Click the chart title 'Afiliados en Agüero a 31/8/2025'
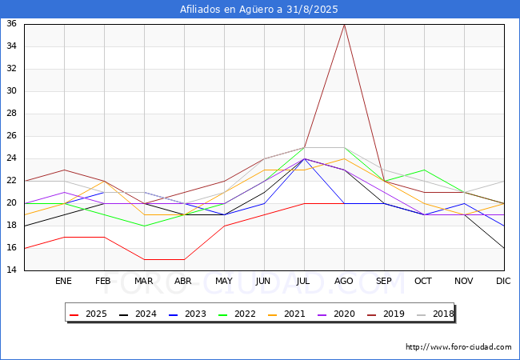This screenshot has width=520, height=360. (259, 10)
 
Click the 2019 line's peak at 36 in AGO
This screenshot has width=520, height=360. (344, 24)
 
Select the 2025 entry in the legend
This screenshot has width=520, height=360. (88, 314)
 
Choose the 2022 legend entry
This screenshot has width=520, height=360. (237, 314)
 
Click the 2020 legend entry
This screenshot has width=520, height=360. (337, 314)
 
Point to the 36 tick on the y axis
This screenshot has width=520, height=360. (12, 24)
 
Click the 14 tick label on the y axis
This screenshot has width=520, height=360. (12, 270)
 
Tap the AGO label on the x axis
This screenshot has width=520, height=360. (344, 282)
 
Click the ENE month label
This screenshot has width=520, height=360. (64, 282)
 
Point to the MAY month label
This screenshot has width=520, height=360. (224, 282)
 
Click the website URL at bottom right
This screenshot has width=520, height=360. (458, 347)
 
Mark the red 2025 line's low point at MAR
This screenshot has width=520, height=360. (144, 259)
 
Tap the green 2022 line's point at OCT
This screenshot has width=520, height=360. (424, 170)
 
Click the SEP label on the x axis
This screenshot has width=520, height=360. (384, 282)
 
